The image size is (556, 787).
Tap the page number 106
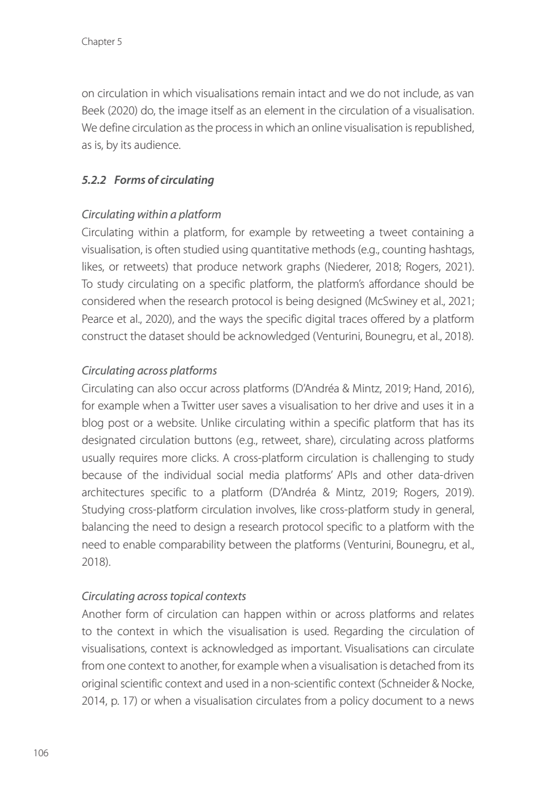pos(41,753)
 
